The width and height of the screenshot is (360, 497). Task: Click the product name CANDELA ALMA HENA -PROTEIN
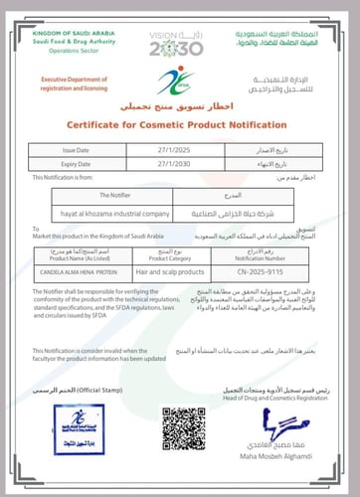[86, 267]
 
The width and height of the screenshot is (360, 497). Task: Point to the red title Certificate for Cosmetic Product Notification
[180, 125]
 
